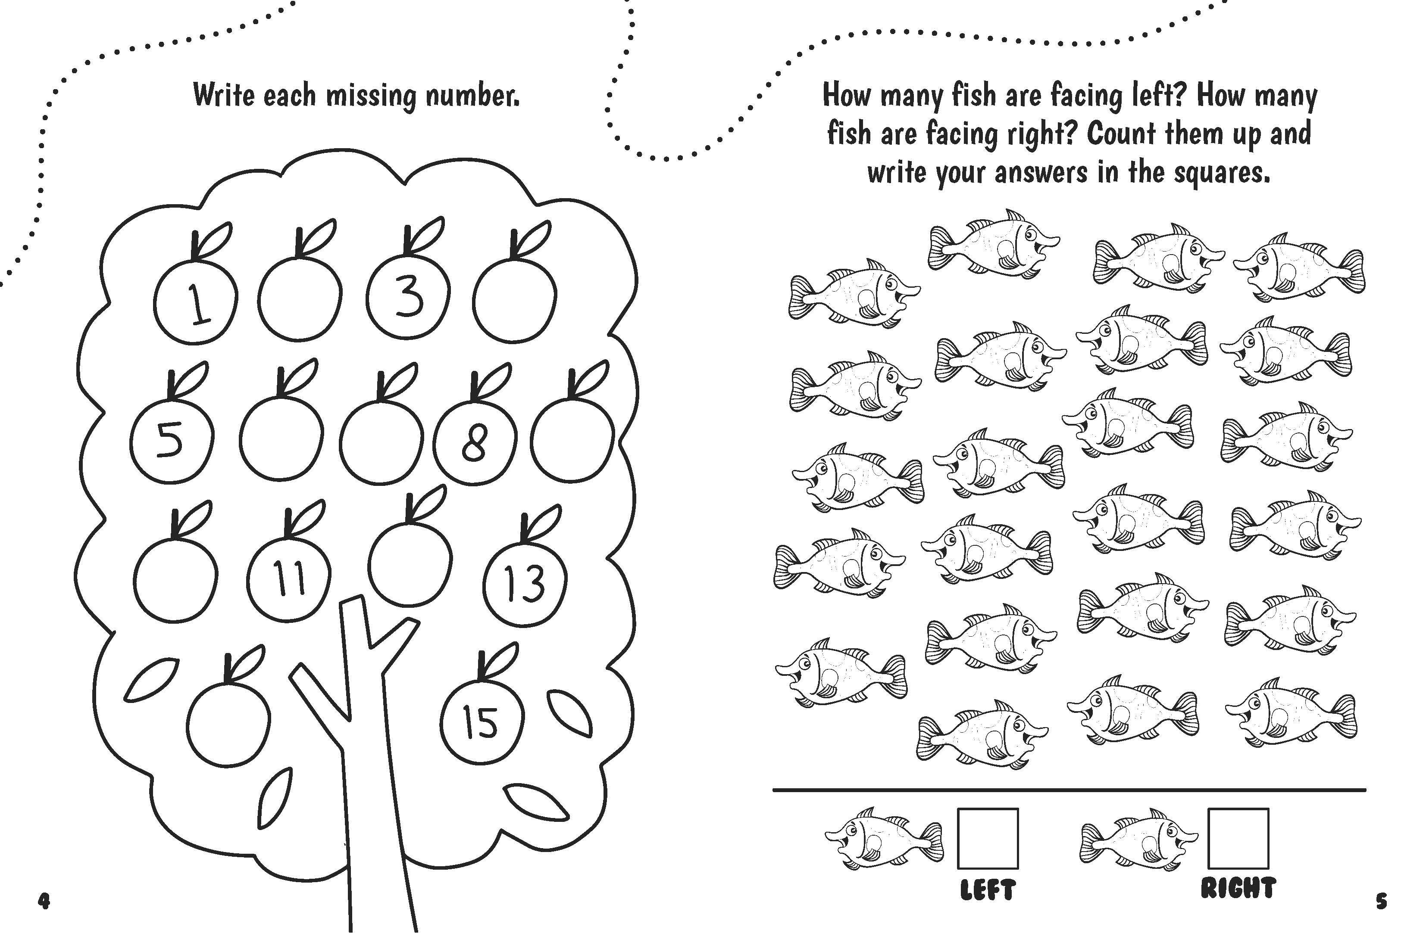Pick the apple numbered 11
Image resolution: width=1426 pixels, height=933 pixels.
[289, 578]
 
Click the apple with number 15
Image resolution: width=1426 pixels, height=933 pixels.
[481, 721]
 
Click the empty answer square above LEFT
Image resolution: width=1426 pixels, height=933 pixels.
[988, 838]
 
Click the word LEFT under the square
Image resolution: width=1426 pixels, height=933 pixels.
[988, 890]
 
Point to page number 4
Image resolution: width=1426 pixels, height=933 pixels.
[44, 901]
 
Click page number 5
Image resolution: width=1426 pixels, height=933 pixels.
[1382, 901]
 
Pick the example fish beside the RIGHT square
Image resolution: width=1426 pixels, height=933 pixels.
[1138, 838]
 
